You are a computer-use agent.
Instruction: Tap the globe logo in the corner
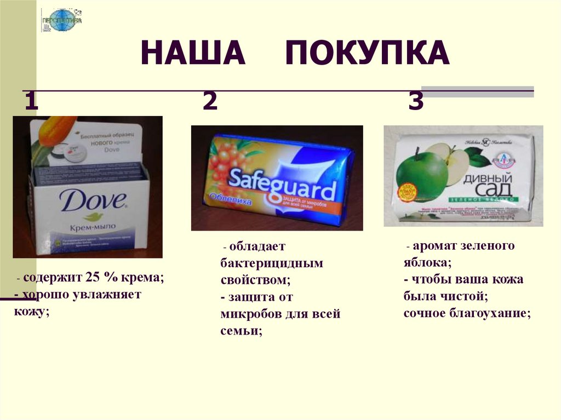(61, 20)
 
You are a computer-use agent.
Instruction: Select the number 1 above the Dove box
(31, 102)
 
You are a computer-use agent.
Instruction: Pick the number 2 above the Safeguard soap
(210, 102)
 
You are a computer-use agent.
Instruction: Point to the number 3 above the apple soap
(416, 102)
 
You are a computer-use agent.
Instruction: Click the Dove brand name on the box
(93, 200)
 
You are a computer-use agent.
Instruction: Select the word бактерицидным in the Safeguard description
(272, 263)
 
